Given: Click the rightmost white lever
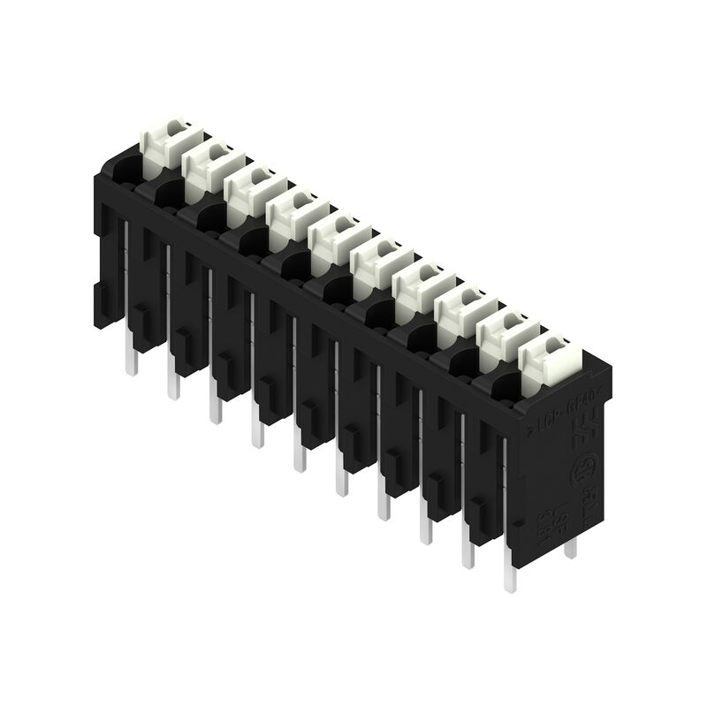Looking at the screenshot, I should pyautogui.click(x=549, y=357).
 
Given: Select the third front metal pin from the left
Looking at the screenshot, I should pyautogui.click(x=215, y=407).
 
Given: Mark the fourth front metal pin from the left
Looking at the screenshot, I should pyautogui.click(x=257, y=430).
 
